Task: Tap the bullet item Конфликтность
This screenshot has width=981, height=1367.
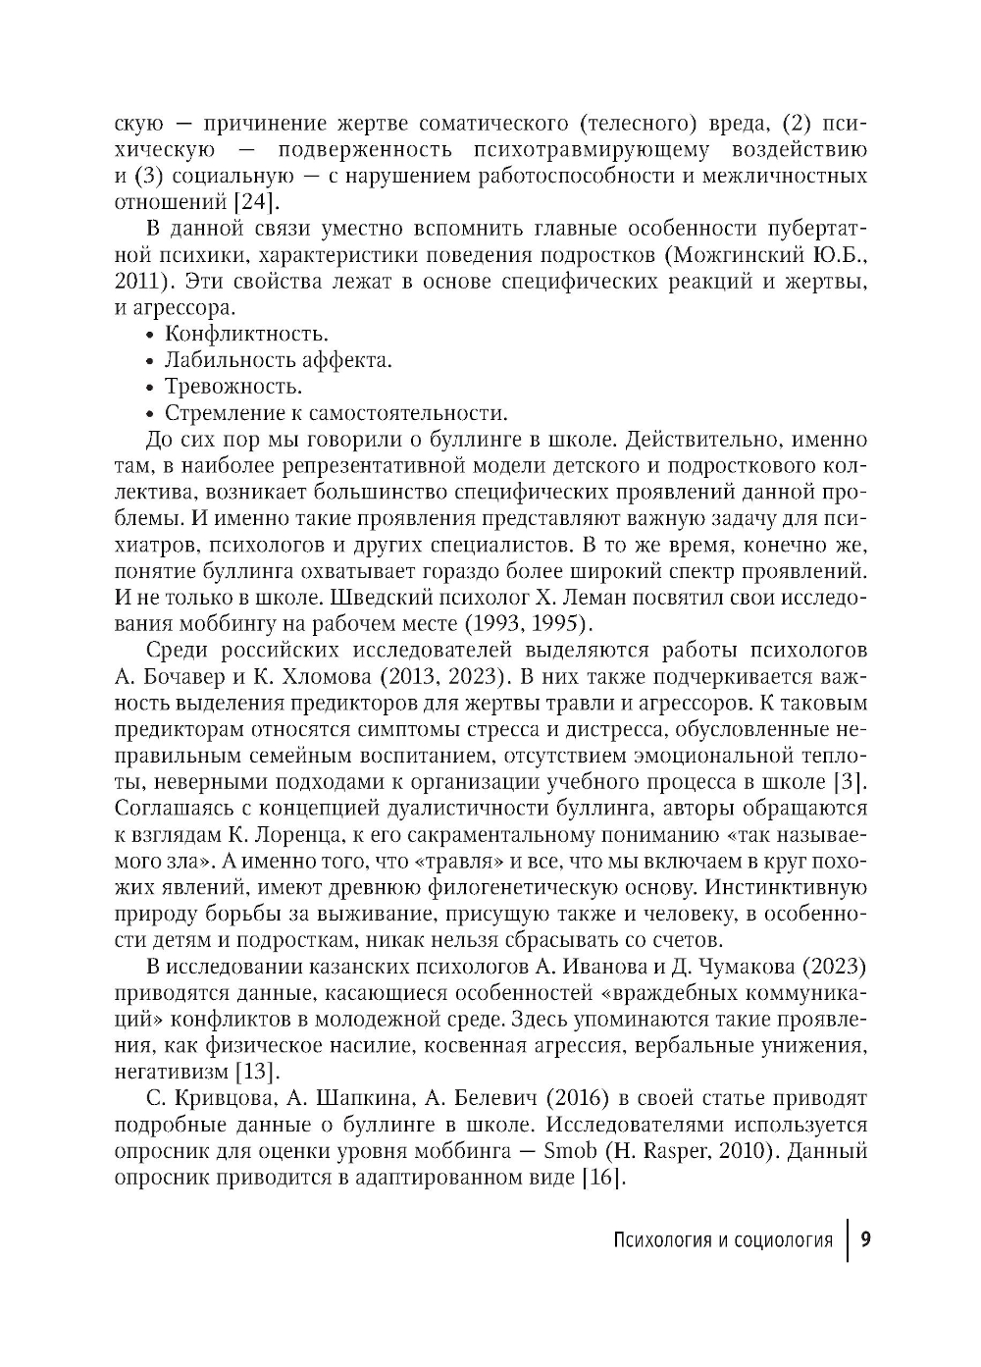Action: (x=245, y=334)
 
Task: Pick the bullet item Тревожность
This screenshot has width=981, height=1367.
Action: (x=233, y=387)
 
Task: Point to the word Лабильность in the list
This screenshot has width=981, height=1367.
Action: (x=220, y=360)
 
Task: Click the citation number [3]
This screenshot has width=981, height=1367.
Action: (x=850, y=782)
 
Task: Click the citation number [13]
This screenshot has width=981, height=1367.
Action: (x=256, y=1072)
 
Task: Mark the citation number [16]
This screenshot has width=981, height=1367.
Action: (x=602, y=1177)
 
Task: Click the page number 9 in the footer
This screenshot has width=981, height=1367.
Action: (x=865, y=1238)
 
